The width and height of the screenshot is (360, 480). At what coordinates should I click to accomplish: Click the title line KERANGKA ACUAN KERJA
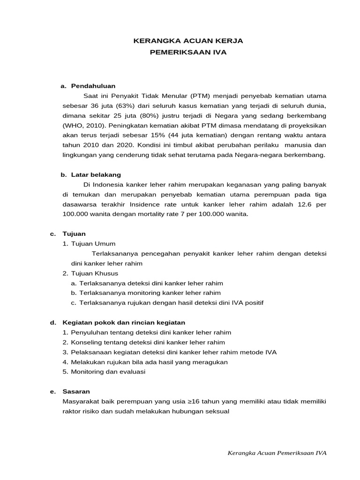coord(188,41)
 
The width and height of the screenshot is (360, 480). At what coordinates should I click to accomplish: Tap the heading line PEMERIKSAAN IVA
coord(188,52)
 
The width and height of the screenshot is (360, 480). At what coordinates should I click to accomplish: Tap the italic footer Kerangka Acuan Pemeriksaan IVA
coord(277,453)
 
